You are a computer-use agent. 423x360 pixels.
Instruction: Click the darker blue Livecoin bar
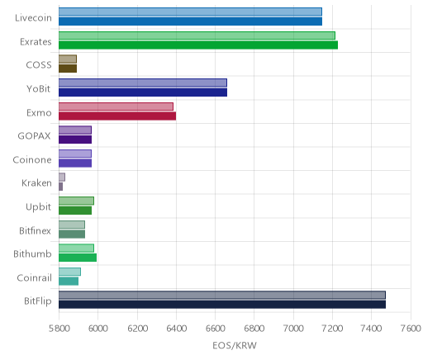point(190,21)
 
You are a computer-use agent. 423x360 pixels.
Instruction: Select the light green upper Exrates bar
point(197,36)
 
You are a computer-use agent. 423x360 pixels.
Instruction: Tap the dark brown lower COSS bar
point(68,69)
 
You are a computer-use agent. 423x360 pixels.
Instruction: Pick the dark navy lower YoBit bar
point(143,92)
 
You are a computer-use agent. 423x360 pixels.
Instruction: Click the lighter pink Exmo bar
point(116,107)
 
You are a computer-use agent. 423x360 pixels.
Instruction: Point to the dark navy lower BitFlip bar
point(222,305)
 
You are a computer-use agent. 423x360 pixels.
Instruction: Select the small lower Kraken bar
point(60,187)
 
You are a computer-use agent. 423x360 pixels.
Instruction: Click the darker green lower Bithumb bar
point(78,258)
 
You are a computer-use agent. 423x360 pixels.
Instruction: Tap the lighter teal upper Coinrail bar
point(69,272)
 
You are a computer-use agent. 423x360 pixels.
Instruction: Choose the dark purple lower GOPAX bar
point(75,140)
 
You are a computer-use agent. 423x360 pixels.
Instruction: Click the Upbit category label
point(38,207)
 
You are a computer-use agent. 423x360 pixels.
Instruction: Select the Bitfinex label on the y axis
point(35,230)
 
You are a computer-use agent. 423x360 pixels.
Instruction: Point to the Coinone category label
point(32,159)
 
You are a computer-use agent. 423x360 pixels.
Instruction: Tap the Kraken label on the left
point(36,182)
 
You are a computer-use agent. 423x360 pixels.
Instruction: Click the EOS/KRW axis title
point(235,345)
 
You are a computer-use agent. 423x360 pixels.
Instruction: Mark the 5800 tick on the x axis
point(59,329)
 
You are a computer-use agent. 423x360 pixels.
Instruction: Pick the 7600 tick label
point(411,329)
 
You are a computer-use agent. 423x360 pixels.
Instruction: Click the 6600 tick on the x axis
point(216,329)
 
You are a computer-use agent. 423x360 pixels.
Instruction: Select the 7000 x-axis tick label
point(293,329)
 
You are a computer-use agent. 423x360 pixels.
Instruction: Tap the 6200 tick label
point(137,329)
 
